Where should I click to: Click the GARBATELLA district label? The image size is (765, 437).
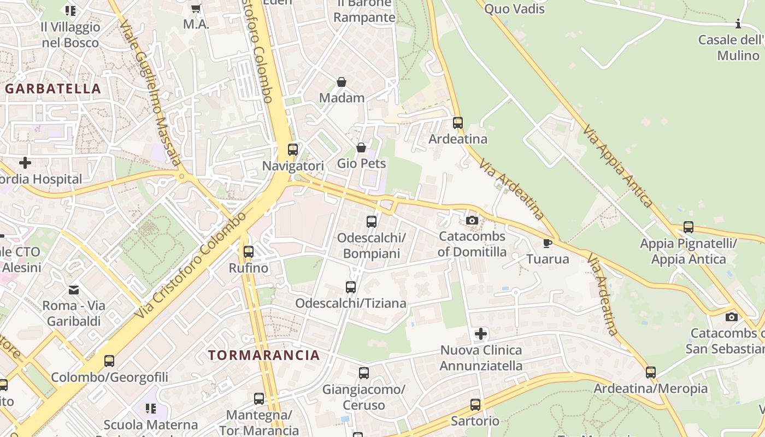click(54, 88)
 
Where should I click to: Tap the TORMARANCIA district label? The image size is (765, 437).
click(264, 355)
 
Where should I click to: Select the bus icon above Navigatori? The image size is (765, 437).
click(293, 149)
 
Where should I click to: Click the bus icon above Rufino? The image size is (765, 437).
click(249, 252)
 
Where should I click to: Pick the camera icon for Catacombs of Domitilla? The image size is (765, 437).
click(472, 221)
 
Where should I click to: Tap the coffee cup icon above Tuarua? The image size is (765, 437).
click(548, 243)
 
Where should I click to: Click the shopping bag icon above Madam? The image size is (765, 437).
click(342, 82)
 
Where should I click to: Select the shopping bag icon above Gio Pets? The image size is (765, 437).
click(361, 147)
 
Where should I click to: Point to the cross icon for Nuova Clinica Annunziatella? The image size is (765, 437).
click(481, 334)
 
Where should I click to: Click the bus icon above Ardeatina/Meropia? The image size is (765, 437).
click(650, 373)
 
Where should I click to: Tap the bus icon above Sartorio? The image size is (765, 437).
click(475, 405)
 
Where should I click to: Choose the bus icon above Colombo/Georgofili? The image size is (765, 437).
click(109, 361)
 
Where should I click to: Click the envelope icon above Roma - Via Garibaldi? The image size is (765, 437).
click(74, 290)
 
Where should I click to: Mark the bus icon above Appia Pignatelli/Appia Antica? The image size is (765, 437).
click(688, 227)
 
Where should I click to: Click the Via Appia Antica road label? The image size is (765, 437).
click(618, 166)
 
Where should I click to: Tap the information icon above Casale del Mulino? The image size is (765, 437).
click(738, 23)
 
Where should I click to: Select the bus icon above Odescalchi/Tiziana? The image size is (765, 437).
click(351, 287)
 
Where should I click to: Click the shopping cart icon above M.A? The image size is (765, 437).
click(196, 8)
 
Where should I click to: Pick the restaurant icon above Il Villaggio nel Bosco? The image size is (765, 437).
click(70, 10)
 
